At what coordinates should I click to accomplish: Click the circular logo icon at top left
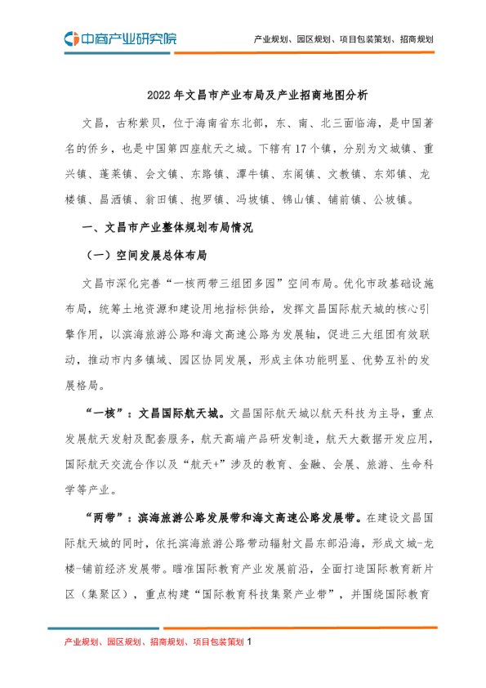pyautogui.click(x=72, y=38)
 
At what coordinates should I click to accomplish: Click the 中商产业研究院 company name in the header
pyautogui.click(x=127, y=38)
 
